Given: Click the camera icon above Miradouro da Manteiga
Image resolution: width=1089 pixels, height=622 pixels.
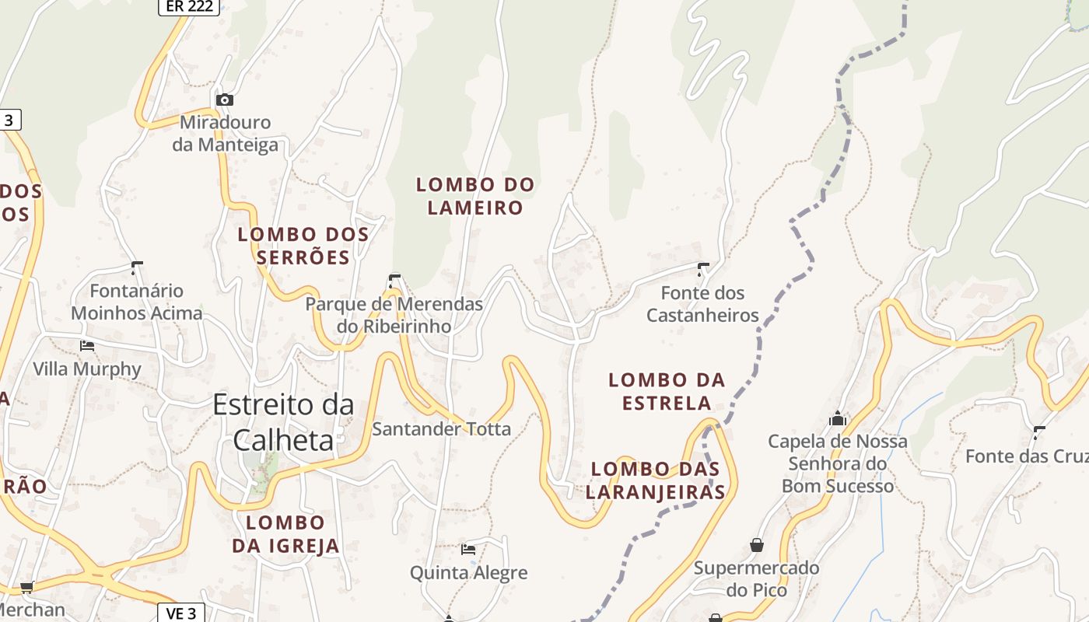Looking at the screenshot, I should (225, 100).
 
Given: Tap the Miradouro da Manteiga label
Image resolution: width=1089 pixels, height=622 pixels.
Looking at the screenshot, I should (225, 134).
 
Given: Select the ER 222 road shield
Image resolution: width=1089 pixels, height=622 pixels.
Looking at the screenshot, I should (189, 7).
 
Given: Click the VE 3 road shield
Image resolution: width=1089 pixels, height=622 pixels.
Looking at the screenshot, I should (180, 613).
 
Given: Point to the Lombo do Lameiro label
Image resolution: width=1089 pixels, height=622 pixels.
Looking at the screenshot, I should (475, 196).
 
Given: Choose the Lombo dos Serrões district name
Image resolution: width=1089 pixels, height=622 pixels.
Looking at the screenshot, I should (303, 246).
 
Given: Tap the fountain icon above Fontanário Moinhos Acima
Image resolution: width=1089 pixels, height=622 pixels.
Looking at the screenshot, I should (137, 269).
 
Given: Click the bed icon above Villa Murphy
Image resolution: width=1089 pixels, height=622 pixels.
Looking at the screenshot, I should (87, 345).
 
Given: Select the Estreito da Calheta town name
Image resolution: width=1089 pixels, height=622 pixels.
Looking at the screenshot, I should (283, 421).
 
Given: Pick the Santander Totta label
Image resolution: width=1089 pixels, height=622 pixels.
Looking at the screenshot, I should (441, 428).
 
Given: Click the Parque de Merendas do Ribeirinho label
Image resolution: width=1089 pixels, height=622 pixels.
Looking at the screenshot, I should (394, 315).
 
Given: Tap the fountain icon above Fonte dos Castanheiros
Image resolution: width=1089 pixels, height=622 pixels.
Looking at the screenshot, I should (703, 270).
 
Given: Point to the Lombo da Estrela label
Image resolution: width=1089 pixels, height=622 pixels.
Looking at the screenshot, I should (667, 391).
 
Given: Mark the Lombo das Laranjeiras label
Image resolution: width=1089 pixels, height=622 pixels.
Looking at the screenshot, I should (655, 480).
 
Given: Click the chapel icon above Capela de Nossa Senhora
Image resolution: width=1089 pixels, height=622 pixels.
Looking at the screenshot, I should (838, 418).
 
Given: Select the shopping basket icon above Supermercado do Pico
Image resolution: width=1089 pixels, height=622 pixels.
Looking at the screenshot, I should (756, 545).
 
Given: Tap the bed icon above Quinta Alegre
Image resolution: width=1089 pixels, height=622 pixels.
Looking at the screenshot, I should (468, 550).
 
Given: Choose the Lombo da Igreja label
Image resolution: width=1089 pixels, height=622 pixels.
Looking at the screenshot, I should (285, 534).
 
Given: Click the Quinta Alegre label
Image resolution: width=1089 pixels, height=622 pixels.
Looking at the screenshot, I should (468, 573).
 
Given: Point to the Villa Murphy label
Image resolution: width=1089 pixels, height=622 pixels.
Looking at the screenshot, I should (87, 369).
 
